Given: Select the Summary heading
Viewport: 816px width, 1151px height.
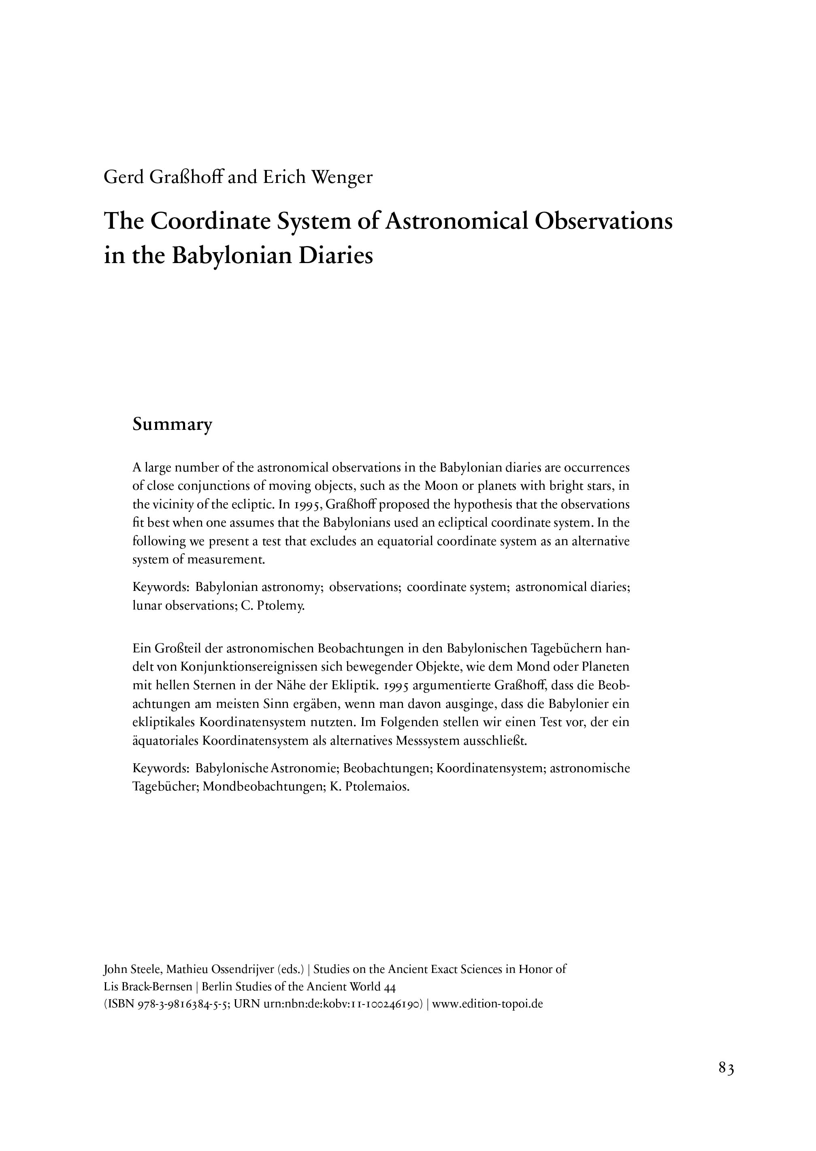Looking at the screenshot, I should [173, 425].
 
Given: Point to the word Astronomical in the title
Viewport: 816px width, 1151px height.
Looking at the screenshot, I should [456, 221].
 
